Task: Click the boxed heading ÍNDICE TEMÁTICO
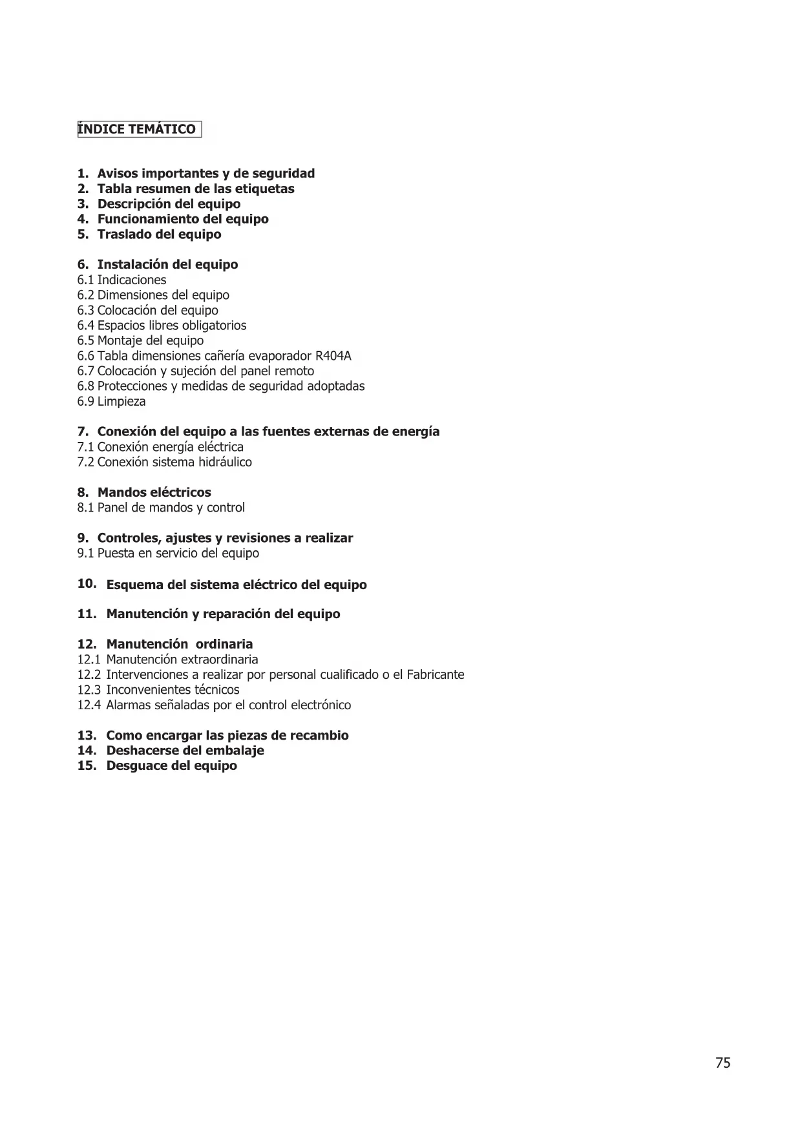click(x=139, y=129)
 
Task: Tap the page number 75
click(x=723, y=1063)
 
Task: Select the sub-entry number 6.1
click(x=85, y=280)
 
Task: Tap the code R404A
click(x=333, y=356)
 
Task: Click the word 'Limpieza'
click(x=121, y=402)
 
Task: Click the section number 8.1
click(x=85, y=508)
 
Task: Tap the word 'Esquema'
click(x=134, y=585)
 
